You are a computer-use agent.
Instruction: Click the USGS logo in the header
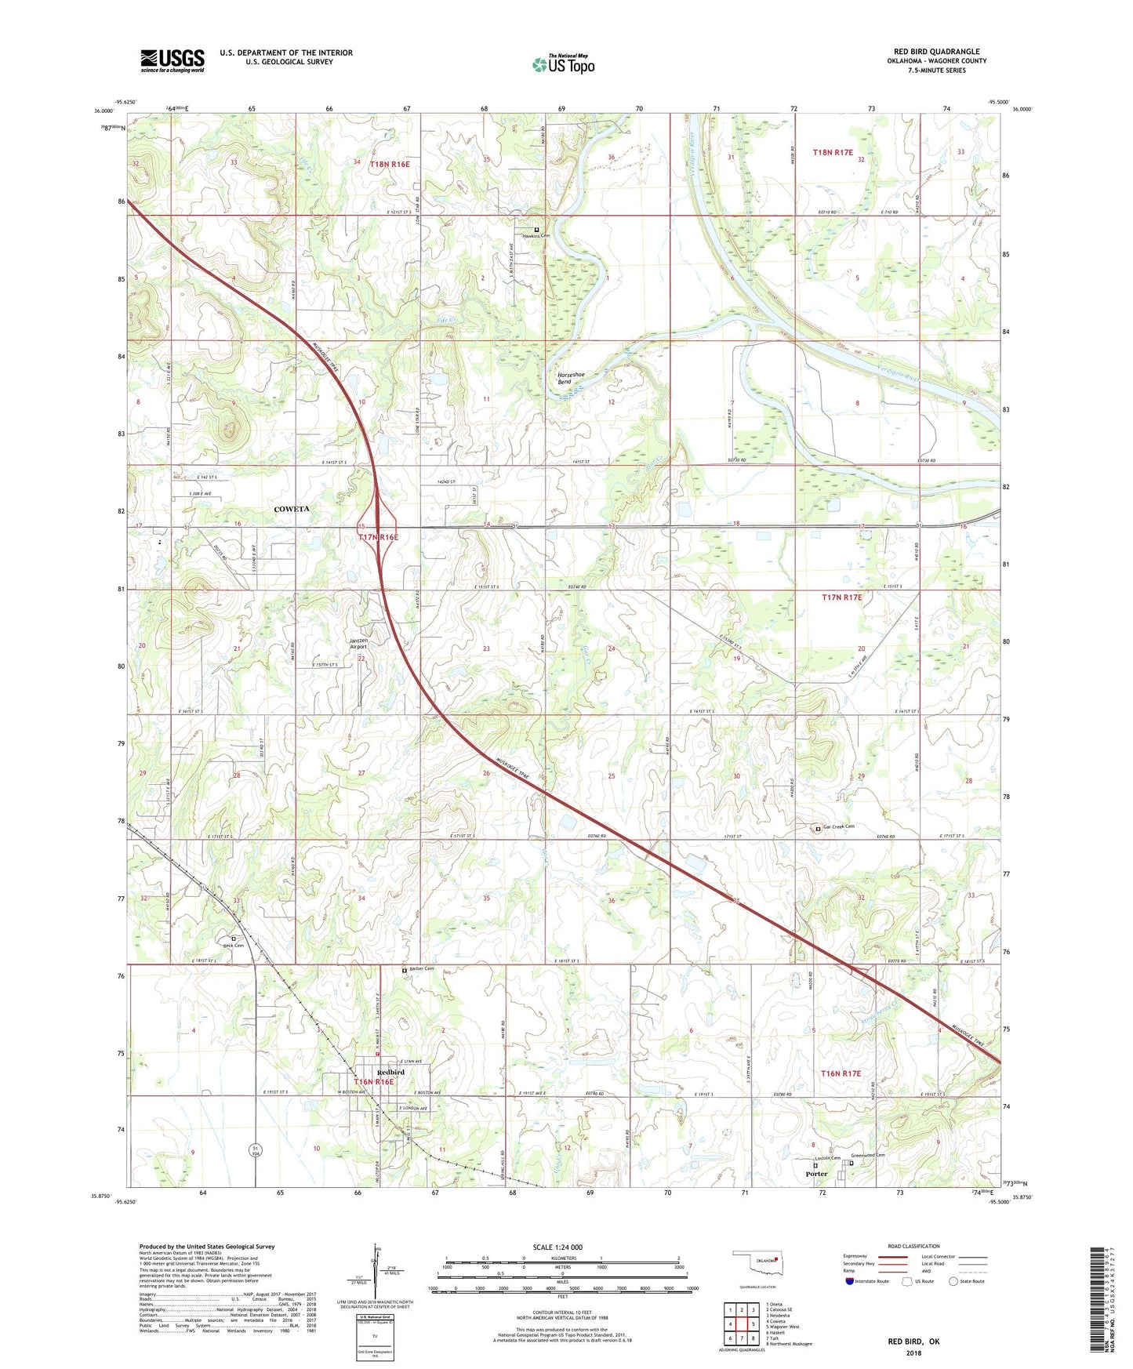172,60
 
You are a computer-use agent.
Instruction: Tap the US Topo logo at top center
563,64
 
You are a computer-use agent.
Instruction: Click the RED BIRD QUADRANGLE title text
936,52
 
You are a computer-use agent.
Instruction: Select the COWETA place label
292,509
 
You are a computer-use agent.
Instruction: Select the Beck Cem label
233,945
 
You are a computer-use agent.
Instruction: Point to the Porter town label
816,1174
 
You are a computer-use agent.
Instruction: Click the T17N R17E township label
841,597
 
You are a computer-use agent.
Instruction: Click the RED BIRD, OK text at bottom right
913,1342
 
